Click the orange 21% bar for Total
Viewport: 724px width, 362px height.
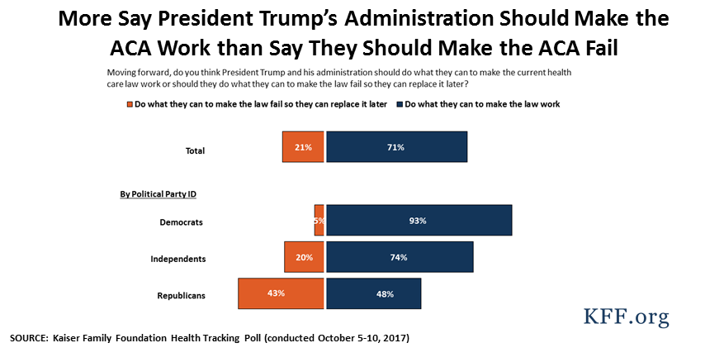pyautogui.click(x=302, y=147)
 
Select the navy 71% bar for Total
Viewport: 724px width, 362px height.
pyautogui.click(x=396, y=147)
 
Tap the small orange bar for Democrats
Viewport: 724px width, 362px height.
pyautogui.click(x=319, y=221)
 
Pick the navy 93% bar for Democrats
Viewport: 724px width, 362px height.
pyautogui.click(x=419, y=221)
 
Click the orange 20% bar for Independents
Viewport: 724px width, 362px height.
pyautogui.click(x=304, y=257)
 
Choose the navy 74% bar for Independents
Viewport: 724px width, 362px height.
pyautogui.click(x=400, y=257)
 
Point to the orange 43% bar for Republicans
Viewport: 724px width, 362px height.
pyautogui.click(x=281, y=293)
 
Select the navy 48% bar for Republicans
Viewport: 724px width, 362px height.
pyautogui.click(x=374, y=293)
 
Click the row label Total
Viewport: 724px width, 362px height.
pyautogui.click(x=195, y=150)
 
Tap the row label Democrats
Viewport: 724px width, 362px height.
pyautogui.click(x=181, y=222)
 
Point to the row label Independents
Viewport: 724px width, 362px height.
pyautogui.click(x=177, y=259)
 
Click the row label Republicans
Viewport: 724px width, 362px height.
pyautogui.click(x=180, y=295)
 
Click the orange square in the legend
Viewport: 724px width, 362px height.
pyautogui.click(x=129, y=105)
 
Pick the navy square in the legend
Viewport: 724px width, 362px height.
pyautogui.click(x=400, y=105)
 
